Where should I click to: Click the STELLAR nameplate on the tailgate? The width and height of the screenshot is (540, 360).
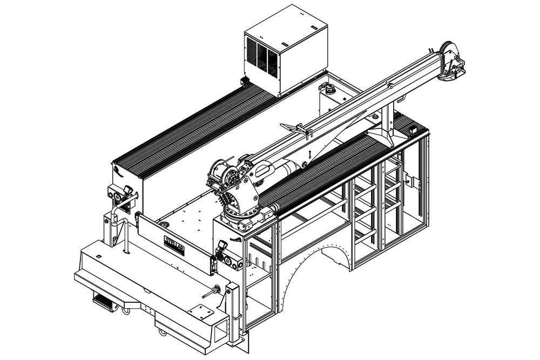174,246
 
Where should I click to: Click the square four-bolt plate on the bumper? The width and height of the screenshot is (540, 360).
200,313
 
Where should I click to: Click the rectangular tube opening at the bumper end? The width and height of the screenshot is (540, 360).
220,330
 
